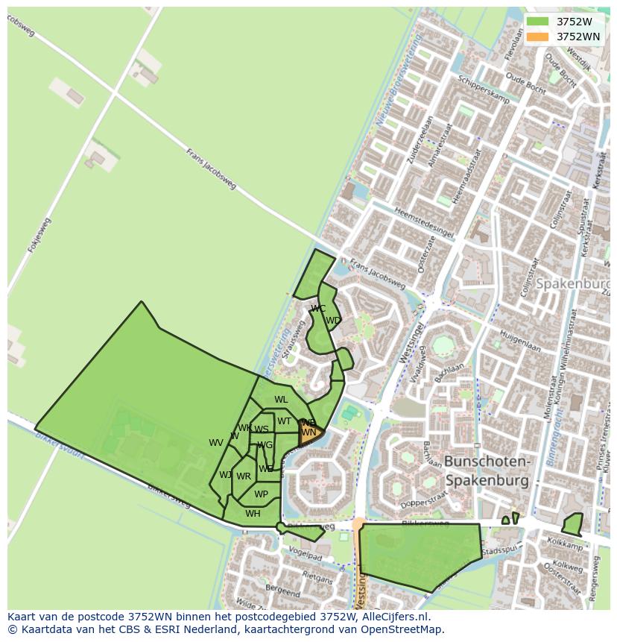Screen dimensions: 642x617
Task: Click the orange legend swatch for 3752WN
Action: point(537,37)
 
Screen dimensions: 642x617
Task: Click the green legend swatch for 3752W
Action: point(537,22)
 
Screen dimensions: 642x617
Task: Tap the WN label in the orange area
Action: point(308,432)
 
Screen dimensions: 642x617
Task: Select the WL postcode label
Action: point(281,400)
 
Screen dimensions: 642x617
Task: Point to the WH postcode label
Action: point(253,513)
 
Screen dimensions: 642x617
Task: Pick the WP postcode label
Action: point(261,494)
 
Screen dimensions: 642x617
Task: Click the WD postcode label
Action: point(333,321)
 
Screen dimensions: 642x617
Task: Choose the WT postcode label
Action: point(284,421)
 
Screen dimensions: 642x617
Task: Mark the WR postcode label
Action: point(244,476)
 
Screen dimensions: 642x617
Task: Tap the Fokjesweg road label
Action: point(39,234)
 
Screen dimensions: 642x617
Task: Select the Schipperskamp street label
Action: point(484,89)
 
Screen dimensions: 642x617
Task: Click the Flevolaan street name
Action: point(510,45)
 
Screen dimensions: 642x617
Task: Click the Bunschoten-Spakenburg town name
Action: point(487,471)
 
